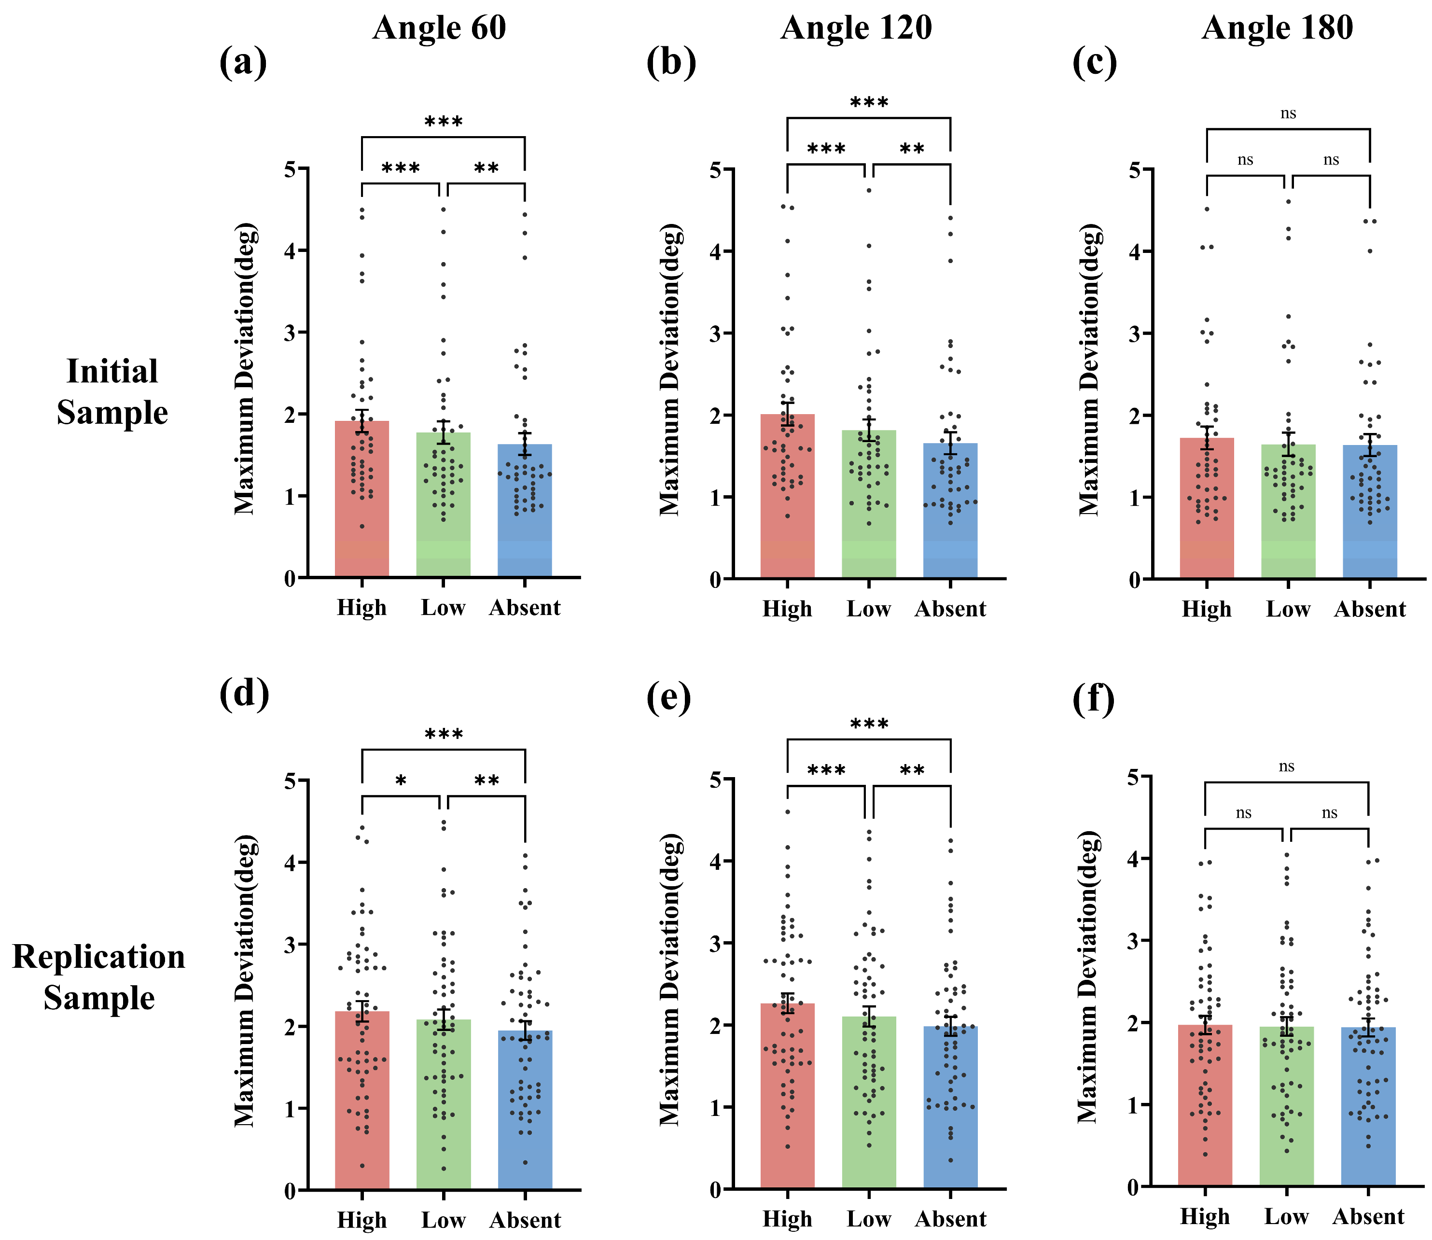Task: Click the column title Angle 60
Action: click(x=439, y=28)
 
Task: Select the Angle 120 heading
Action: click(x=856, y=28)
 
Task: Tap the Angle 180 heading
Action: click(x=1277, y=28)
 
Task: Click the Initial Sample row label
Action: click(x=112, y=391)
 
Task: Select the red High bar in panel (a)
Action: click(x=362, y=499)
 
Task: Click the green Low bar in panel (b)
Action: click(x=869, y=504)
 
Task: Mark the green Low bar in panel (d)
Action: click(x=444, y=1104)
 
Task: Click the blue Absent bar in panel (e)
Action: click(x=950, y=1107)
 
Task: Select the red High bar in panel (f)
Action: click(x=1205, y=1105)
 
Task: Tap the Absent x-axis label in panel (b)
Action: click(x=950, y=609)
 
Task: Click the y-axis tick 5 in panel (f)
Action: click(x=1132, y=777)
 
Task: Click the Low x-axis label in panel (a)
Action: click(x=444, y=608)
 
